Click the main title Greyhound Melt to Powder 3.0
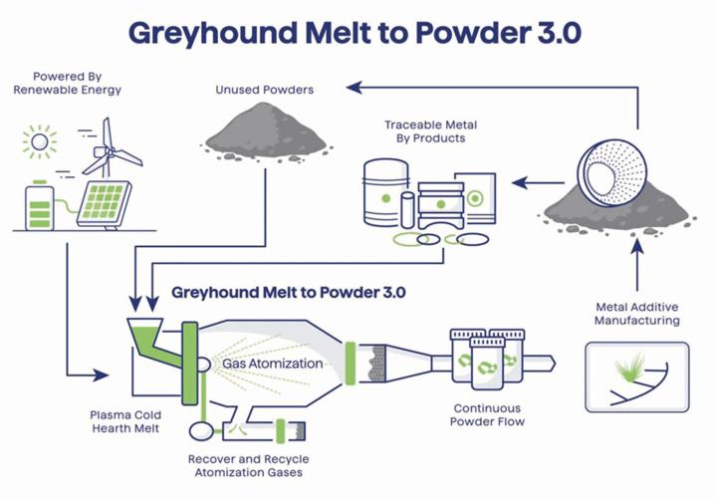click(357, 32)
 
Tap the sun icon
click(40, 142)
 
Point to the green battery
click(41, 205)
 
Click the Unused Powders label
click(264, 90)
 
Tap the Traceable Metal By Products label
click(431, 131)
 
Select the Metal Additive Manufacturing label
click(636, 314)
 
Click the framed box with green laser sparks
click(636, 375)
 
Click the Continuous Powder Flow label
click(489, 414)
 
